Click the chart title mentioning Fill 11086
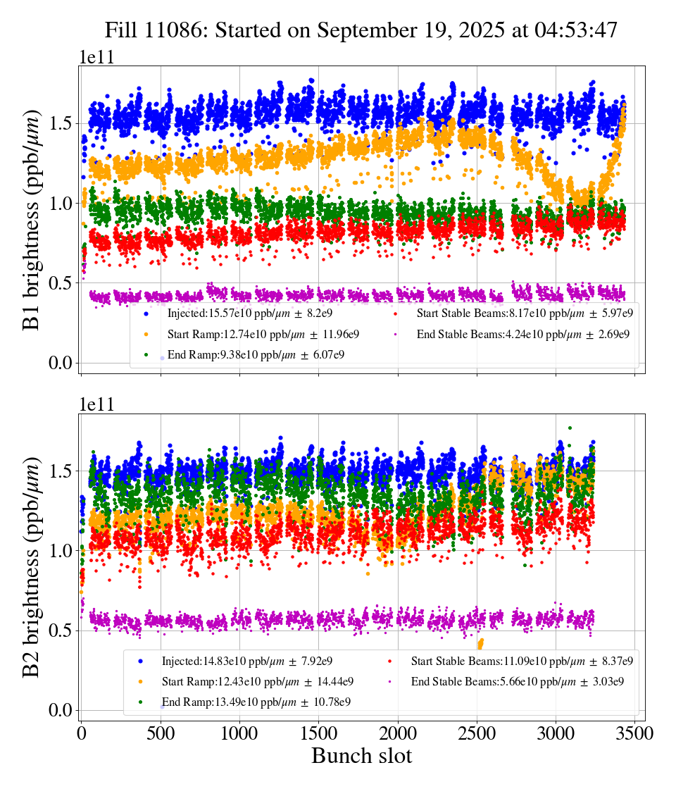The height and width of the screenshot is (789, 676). pyautogui.click(x=361, y=30)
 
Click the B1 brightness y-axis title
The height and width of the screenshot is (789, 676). pyautogui.click(x=32, y=220)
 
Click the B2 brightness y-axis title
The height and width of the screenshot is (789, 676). pyautogui.click(x=32, y=568)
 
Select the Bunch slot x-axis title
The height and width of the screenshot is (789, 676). pyautogui.click(x=361, y=756)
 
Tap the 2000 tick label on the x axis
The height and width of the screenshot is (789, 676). pyautogui.click(x=398, y=734)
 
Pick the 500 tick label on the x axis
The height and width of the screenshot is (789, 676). pyautogui.click(x=161, y=734)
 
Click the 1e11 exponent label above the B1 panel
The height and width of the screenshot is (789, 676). pyautogui.click(x=96, y=58)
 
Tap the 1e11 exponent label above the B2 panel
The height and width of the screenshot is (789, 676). pyautogui.click(x=96, y=405)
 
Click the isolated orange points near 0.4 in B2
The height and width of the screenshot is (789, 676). pyautogui.click(x=481, y=643)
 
